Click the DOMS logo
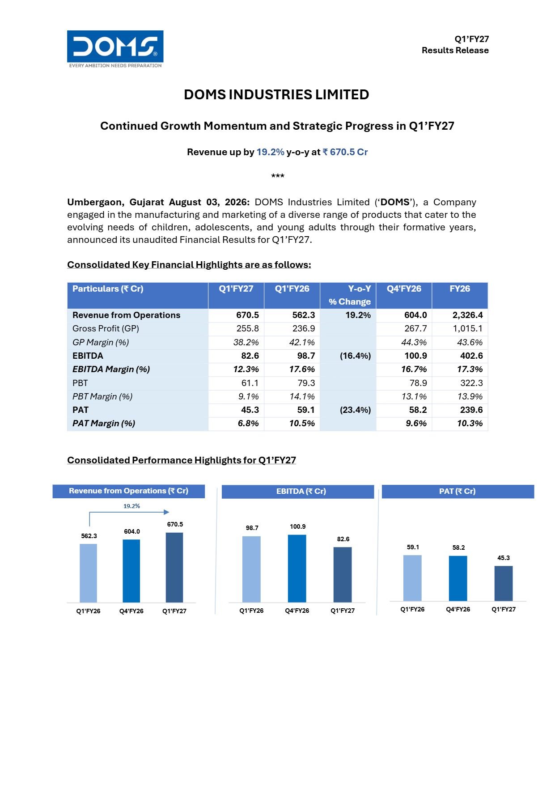pyautogui.click(x=115, y=49)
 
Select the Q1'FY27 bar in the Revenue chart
pyautogui.click(x=174, y=567)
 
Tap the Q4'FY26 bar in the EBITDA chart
pyautogui.click(x=297, y=569)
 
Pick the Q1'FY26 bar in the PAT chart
pyautogui.click(x=412, y=578)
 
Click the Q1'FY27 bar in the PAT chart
pyautogui.click(x=504, y=583)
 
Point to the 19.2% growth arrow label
pyautogui.click(x=131, y=506)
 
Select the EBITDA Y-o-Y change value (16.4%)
pyautogui.click(x=355, y=356)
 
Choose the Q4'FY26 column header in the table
pyautogui.click(x=404, y=289)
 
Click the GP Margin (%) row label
pyautogui.click(x=101, y=342)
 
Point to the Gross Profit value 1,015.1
pyautogui.click(x=468, y=328)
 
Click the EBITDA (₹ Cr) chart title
pyautogui.click(x=301, y=491)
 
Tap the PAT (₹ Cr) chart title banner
pyautogui.click(x=458, y=491)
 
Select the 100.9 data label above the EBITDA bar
pyautogui.click(x=298, y=526)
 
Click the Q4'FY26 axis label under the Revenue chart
pyautogui.click(x=131, y=611)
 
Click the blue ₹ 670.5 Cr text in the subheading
pyautogui.click(x=345, y=152)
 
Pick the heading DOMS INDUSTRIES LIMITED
pyautogui.click(x=277, y=94)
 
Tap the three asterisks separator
pyautogui.click(x=278, y=176)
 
